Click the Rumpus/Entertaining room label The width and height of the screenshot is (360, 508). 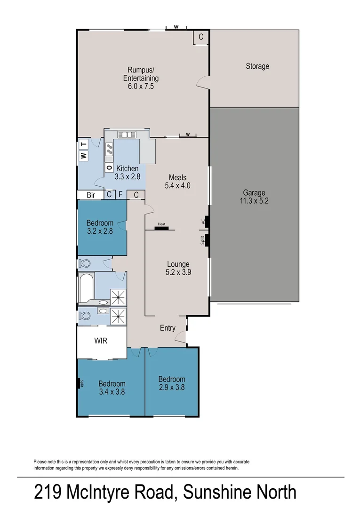[141, 78]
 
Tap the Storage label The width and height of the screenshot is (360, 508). [257, 66]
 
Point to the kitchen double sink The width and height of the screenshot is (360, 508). [127, 134]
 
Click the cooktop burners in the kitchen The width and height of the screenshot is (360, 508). [110, 149]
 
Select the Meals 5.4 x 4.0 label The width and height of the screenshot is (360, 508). [177, 181]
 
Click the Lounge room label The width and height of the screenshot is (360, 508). [178, 268]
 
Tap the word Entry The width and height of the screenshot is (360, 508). [168, 328]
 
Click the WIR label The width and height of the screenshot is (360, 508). [101, 341]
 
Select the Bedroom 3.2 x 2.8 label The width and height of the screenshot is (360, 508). [100, 227]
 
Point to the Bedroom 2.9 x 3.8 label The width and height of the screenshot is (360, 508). [171, 383]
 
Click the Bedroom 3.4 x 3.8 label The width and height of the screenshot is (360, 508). [112, 388]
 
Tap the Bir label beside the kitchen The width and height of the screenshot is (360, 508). [91, 194]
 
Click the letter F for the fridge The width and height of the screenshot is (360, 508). [120, 194]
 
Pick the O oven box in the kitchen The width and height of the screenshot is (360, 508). [109, 167]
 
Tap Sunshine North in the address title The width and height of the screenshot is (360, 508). [240, 492]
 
